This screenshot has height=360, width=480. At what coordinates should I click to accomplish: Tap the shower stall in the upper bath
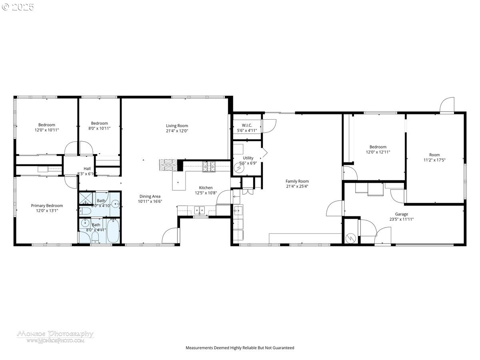85,199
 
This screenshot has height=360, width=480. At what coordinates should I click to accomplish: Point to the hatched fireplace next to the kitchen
168,164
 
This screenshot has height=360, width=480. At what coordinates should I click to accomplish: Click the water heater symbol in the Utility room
239,169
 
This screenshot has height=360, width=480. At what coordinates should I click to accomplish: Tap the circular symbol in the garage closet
350,238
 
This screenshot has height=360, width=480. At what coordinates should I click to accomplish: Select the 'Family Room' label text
297,181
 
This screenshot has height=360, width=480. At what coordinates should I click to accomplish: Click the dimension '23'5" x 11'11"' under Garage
401,219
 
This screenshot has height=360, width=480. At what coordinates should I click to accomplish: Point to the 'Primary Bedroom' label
47,206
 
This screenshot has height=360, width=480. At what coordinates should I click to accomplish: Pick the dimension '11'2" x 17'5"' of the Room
434,160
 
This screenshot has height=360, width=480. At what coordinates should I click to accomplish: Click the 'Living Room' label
177,126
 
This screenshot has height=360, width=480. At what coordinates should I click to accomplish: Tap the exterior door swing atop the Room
447,105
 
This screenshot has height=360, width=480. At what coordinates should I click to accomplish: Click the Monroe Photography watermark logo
55,336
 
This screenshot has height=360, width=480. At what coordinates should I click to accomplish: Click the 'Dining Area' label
150,196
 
